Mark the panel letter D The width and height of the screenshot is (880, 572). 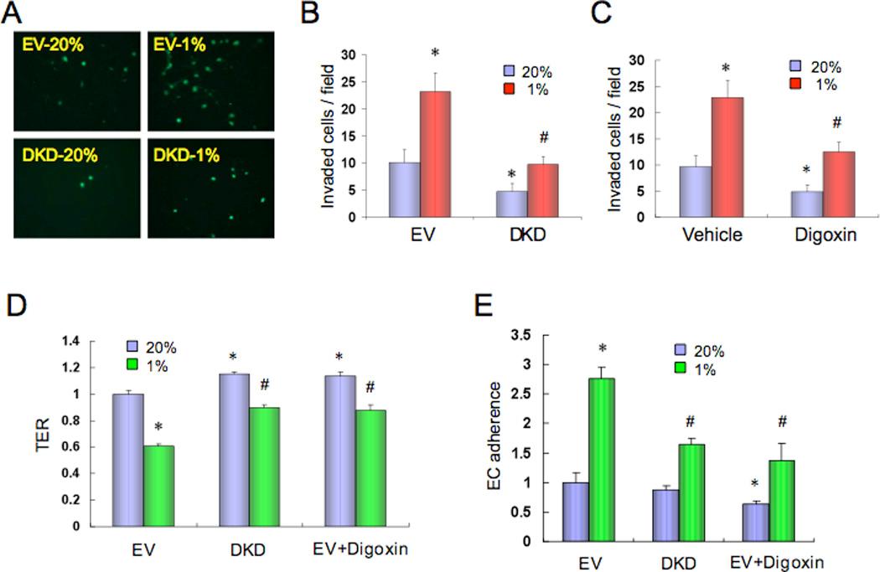click(17, 301)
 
